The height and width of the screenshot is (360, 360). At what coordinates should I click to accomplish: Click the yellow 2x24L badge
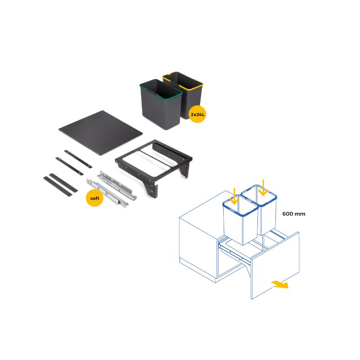point(197,114)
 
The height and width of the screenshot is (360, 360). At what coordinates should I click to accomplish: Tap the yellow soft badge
point(94,198)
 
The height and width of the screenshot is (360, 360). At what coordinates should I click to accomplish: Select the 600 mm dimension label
point(294,214)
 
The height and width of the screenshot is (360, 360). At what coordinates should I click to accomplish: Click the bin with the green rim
point(161,104)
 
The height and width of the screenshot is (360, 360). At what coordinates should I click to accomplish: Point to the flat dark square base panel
point(100,133)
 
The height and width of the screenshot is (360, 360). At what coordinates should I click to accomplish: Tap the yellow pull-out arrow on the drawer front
point(280,284)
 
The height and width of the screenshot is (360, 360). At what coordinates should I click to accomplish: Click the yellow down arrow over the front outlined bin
point(234,196)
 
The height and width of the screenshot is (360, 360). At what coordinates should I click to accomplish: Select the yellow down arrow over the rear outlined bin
point(263,188)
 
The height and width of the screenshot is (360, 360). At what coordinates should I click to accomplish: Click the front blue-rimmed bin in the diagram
point(240,220)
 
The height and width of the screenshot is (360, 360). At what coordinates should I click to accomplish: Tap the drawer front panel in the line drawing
point(275,265)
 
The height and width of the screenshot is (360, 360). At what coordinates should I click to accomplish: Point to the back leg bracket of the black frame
point(185,170)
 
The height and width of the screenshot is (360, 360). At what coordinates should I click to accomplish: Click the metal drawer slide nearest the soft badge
point(107,192)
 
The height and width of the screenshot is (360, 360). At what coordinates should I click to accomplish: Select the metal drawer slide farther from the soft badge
point(117,185)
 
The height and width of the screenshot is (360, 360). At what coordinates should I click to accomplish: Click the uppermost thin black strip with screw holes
point(78,159)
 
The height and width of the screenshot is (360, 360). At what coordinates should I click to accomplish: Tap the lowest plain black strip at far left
point(58,186)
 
